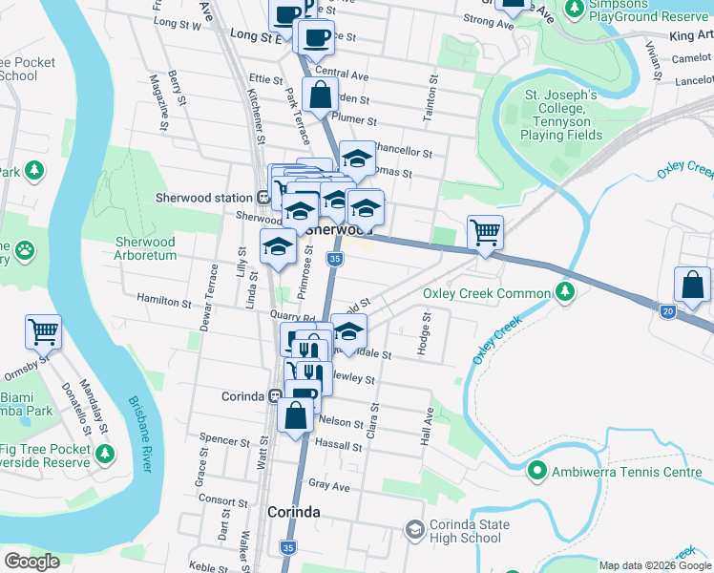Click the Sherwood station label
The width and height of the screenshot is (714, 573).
[x=202, y=198]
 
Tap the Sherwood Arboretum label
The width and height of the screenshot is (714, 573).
[x=145, y=248]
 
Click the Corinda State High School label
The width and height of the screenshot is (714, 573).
[x=465, y=531]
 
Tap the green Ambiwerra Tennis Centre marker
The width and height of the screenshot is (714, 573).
[x=537, y=471]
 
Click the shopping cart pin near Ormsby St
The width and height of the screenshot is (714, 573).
[x=43, y=332]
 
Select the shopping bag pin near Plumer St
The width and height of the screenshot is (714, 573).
[x=320, y=95]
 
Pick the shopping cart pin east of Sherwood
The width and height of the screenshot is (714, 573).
[x=485, y=232]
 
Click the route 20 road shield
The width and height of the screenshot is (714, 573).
[x=666, y=311]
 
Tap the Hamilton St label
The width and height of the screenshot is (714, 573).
[x=165, y=302]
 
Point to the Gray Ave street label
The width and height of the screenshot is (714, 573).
[x=329, y=485]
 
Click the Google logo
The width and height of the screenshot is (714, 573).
[x=31, y=562]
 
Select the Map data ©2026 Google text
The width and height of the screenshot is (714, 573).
[x=647, y=565]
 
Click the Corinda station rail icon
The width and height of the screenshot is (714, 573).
[x=274, y=395]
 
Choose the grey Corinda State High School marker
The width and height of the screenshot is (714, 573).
[x=414, y=528]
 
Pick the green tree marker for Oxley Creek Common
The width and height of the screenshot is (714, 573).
[x=565, y=290]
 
